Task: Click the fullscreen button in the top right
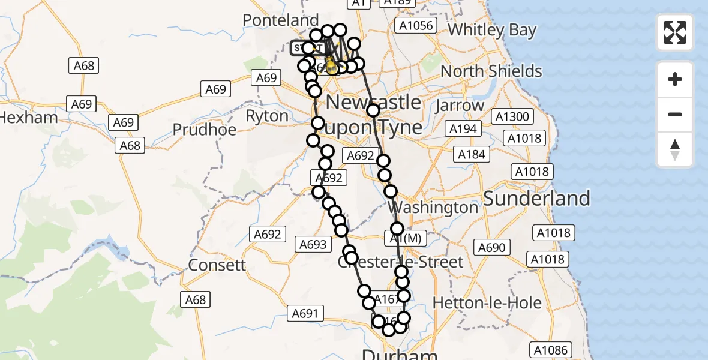pos(675,32)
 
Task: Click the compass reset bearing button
pos(675,149)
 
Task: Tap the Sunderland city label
pos(536,198)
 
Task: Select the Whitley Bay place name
pos(492,30)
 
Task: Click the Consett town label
pos(217,265)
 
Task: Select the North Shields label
pos(491,71)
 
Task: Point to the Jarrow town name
pos(461,106)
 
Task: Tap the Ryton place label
pos(267,115)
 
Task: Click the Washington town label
pos(436,208)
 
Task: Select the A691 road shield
pos(306,313)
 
